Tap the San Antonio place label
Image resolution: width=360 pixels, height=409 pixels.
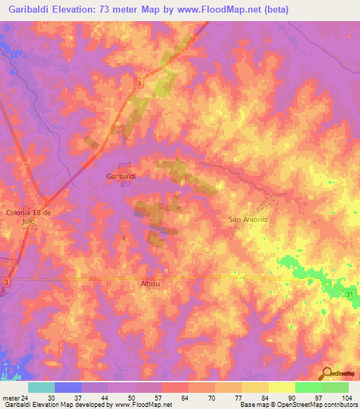pyautogui.click(x=248, y=219)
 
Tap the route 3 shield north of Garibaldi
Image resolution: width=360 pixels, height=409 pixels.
pyautogui.click(x=139, y=83)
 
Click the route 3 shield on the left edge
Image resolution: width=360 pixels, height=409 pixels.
pyautogui.click(x=6, y=282)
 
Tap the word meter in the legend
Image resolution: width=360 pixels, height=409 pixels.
pyautogui.click(x=10, y=397)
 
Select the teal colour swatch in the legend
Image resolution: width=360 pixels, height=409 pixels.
pyautogui.click(x=41, y=387)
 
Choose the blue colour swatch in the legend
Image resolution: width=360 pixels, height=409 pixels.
pyautogui.click(x=68, y=387)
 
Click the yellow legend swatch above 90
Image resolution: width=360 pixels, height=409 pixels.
pyautogui.click(x=281, y=387)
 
